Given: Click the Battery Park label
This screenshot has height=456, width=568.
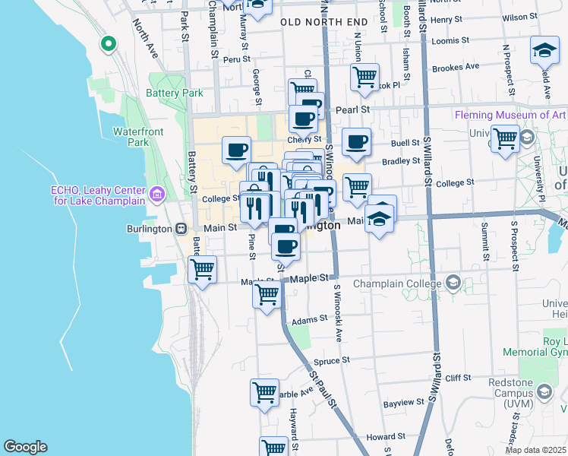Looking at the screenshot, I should pos(179,93).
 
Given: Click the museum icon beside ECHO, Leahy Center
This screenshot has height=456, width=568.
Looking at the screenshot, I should pos(158,195).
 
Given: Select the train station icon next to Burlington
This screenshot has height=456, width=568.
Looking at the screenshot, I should pos(181,228).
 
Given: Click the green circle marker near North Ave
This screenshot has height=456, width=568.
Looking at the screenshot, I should pos(108,44).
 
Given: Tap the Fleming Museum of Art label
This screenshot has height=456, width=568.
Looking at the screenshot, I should pos(510,116).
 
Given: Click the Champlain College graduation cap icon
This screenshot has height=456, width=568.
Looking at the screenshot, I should pos(454,283).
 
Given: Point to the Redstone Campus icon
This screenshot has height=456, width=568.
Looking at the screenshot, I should pos(544,391).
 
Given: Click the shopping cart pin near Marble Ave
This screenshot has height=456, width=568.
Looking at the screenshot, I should pos(264,393).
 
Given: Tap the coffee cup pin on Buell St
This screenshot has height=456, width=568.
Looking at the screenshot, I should pos(356,141).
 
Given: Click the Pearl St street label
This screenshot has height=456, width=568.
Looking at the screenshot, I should pos(353,110).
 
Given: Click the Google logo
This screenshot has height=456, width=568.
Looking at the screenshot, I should pos(25,447).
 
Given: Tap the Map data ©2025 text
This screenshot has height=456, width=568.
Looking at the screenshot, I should pos(535,450).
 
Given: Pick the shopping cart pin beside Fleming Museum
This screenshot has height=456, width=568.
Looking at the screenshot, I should pos(505,139).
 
